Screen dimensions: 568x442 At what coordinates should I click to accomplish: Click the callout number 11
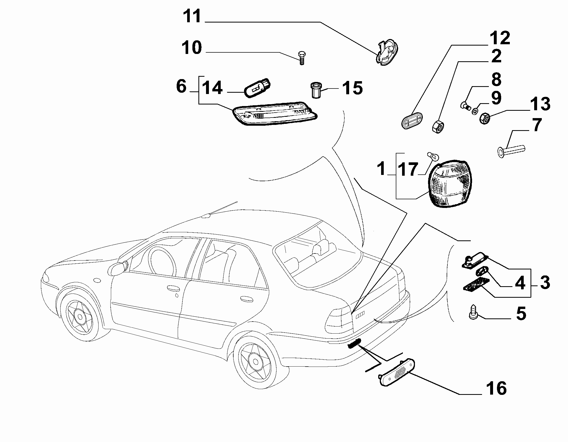coord(192,16)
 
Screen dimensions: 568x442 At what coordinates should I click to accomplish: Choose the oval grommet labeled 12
coord(412,120)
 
